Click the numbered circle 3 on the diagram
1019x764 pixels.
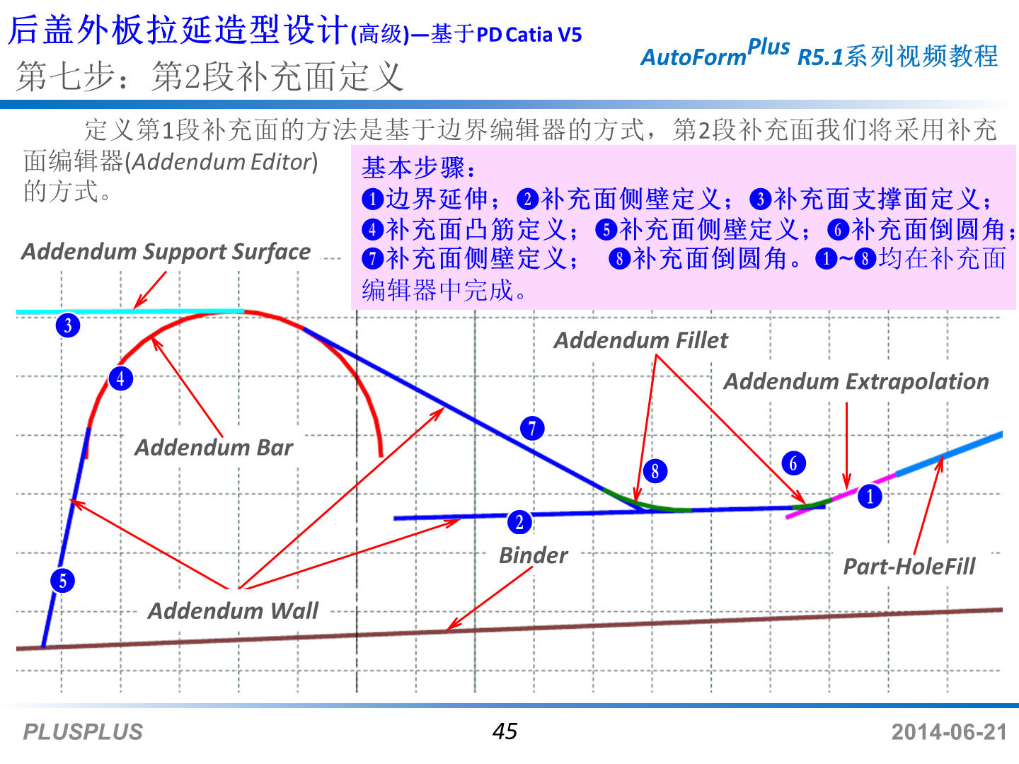coord(68,325)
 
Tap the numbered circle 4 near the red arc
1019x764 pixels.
coord(120,378)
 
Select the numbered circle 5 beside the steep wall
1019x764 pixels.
coord(63,581)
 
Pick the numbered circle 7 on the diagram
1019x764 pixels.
coord(532,428)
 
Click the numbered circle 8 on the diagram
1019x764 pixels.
coord(655,470)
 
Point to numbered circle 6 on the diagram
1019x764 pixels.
coord(793,463)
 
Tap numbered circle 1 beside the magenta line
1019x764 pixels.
coord(870,496)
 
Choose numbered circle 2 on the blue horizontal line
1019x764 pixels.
coord(519,522)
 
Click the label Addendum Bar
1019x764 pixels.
coord(214,447)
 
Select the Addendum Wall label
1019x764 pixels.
coord(233,610)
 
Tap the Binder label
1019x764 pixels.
coord(533,555)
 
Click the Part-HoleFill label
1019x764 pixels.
coord(909,567)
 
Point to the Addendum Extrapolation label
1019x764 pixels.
coord(856,382)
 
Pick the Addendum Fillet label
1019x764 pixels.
coord(640,340)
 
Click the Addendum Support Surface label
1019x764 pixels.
coord(166,252)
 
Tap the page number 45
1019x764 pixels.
coord(505,731)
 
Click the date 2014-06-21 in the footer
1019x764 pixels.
coord(948,731)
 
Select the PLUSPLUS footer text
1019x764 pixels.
coord(83,731)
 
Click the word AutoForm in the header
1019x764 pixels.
coord(693,57)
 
